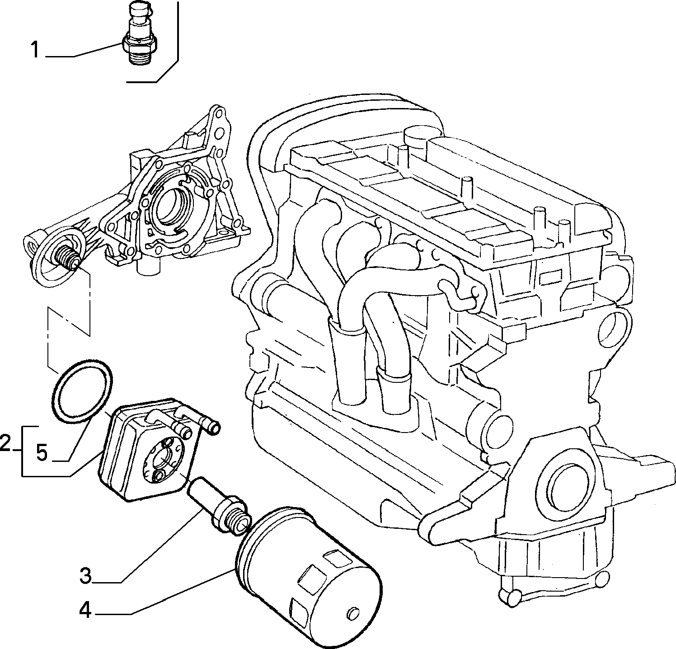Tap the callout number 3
pyautogui.click(x=86, y=576)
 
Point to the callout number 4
pyautogui.click(x=85, y=611)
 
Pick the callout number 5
pyautogui.click(x=42, y=452)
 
